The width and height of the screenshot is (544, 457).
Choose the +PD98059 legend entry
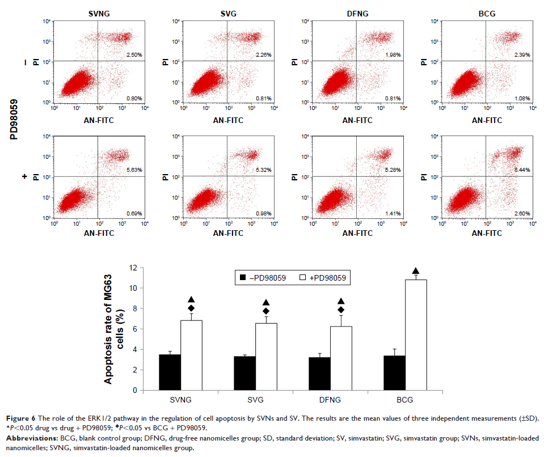(x=323, y=278)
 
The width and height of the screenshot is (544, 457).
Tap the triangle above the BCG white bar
(x=415, y=271)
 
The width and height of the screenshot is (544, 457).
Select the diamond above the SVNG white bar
(x=191, y=308)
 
